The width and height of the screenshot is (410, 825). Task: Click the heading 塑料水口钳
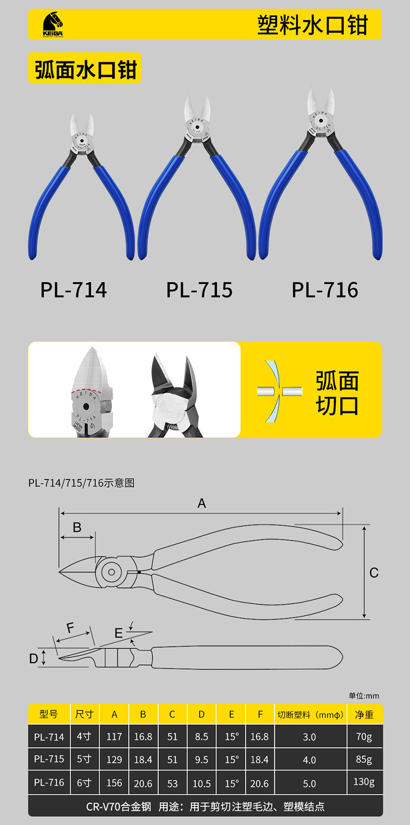click(x=312, y=25)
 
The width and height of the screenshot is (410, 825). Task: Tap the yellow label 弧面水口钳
click(x=85, y=69)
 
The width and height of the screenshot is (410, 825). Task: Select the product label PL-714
click(x=74, y=290)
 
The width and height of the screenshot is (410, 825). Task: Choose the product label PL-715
click(x=199, y=290)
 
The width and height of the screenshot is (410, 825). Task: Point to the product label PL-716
click(x=325, y=290)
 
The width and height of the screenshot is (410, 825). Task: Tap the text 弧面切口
click(x=337, y=393)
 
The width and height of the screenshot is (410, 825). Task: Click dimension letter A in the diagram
click(x=202, y=503)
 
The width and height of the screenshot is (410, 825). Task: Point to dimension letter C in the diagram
click(x=374, y=573)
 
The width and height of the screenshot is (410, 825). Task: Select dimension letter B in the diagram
click(x=77, y=528)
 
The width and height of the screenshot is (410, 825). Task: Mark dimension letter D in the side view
click(x=34, y=658)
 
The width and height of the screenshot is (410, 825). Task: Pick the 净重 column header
click(x=364, y=715)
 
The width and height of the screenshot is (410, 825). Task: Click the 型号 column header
click(x=49, y=714)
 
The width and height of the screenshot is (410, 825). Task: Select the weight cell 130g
click(x=364, y=781)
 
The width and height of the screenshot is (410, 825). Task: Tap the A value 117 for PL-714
click(x=114, y=737)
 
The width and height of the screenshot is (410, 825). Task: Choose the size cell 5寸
click(x=84, y=759)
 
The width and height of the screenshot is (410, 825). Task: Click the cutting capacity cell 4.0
click(x=309, y=760)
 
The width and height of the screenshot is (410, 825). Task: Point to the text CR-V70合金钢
click(x=118, y=807)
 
